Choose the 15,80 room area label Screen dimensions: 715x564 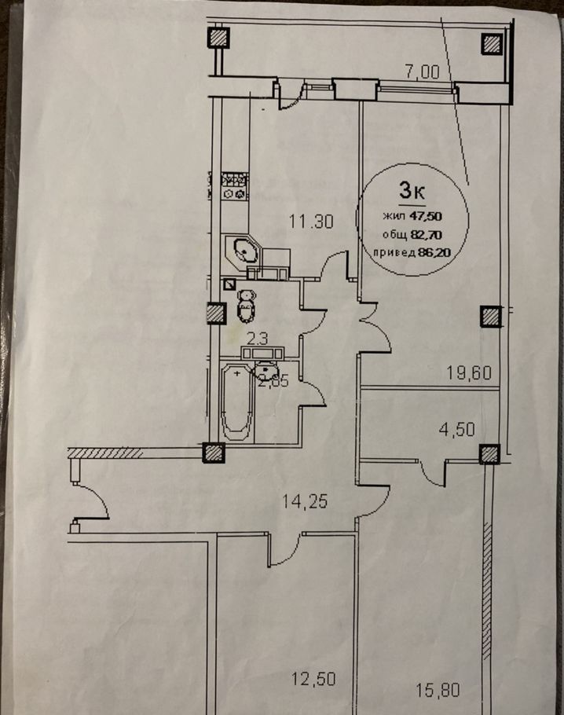437,691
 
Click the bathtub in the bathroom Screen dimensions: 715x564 236,401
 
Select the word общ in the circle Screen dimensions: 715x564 395,233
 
